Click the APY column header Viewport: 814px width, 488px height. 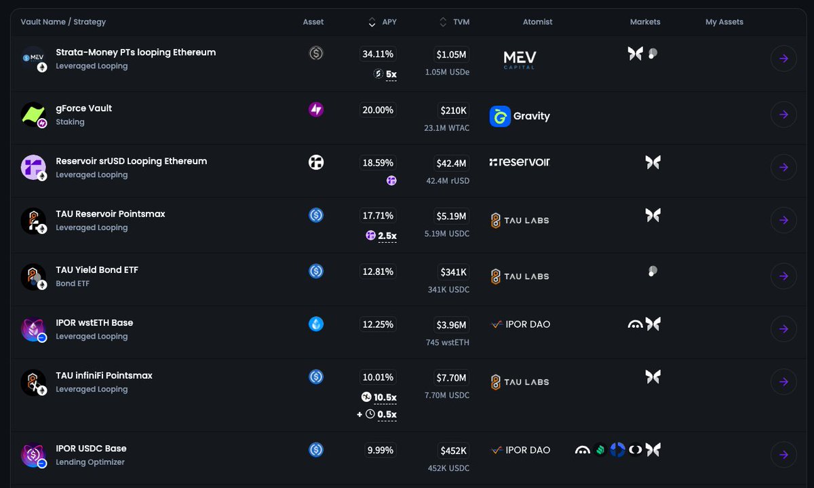point(389,22)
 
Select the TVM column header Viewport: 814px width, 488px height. point(461,22)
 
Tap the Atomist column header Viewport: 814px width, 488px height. point(537,22)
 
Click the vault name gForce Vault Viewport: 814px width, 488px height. point(83,108)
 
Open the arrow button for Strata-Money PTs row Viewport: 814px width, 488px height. point(783,58)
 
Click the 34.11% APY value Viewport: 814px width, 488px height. point(378,54)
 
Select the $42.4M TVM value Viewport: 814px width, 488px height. point(451,163)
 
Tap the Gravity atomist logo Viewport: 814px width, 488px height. point(520,116)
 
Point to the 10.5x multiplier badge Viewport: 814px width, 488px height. point(385,397)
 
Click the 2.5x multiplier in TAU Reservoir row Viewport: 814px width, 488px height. point(387,236)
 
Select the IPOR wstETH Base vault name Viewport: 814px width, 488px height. point(94,322)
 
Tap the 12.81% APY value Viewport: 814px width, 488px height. point(378,271)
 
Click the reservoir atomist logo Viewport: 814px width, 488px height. point(520,162)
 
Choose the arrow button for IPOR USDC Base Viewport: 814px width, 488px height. point(783,454)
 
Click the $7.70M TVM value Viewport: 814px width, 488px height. point(451,377)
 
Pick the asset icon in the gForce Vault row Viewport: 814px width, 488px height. point(315,109)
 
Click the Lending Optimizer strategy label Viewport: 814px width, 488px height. point(90,462)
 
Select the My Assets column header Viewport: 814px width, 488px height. point(724,22)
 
